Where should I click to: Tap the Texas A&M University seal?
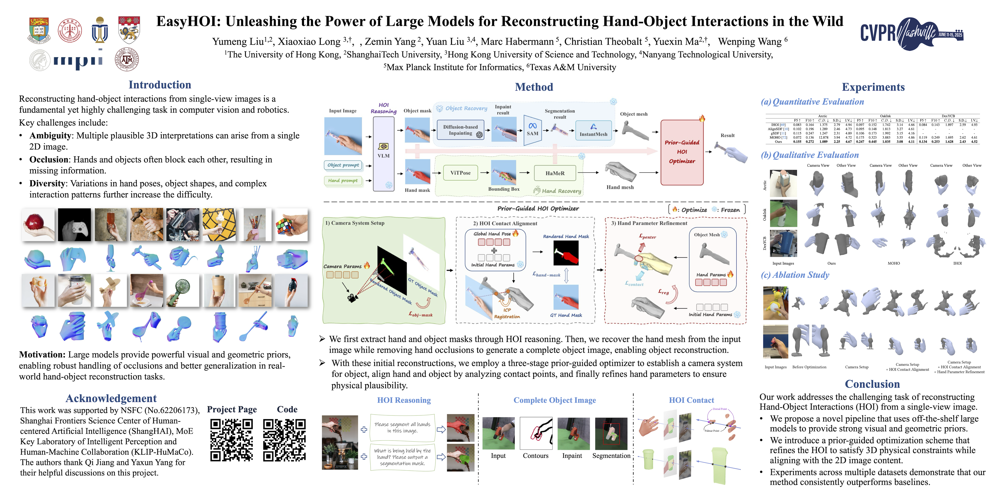click(127, 60)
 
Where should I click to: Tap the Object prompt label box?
click(343, 165)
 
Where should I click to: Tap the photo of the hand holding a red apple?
click(38, 224)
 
